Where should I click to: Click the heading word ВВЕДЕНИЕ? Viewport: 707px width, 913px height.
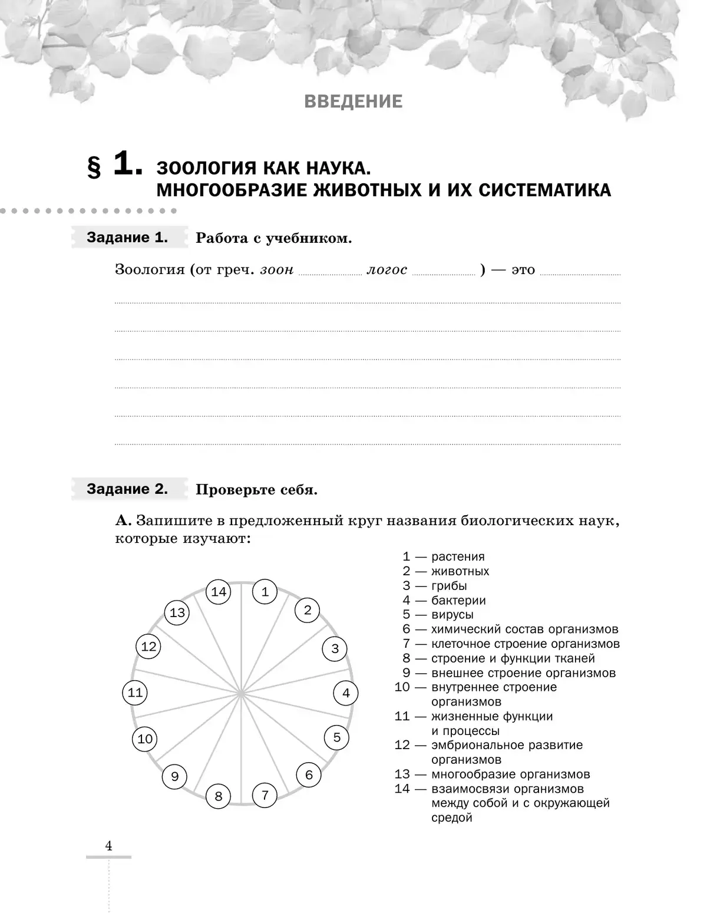click(353, 101)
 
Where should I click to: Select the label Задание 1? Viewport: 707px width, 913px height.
click(127, 238)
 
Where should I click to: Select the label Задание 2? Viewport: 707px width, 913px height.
click(127, 489)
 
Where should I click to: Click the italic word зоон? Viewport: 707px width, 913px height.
click(276, 270)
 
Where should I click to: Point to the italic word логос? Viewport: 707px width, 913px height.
click(386, 270)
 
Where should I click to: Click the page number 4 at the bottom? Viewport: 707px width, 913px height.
click(108, 846)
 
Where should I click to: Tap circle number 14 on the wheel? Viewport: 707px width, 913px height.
click(219, 592)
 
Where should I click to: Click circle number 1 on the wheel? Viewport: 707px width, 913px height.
click(265, 592)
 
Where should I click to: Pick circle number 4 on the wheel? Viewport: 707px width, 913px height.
click(346, 693)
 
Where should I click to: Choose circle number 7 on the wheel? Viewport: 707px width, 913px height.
click(265, 795)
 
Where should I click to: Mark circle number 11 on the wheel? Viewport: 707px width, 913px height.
click(136, 693)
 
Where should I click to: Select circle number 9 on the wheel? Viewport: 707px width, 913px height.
click(174, 776)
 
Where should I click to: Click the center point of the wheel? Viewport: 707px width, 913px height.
click(242, 694)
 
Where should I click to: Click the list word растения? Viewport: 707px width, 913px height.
click(458, 557)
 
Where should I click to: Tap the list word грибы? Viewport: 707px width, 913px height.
click(449, 586)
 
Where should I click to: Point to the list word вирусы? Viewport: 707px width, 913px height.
click(452, 615)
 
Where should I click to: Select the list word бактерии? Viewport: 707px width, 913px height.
click(458, 601)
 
